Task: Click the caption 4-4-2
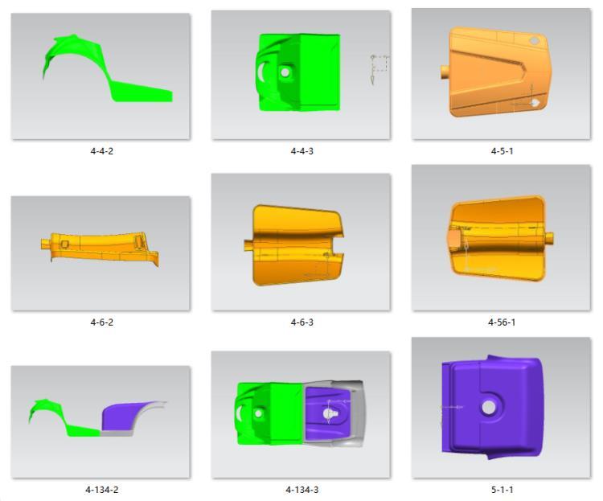pos(102,151)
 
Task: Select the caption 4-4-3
pos(301,151)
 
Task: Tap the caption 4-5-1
pos(502,151)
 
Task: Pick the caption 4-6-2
pos(102,322)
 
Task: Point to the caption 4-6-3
pos(301,322)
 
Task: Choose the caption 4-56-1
pos(502,322)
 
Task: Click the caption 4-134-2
pos(102,490)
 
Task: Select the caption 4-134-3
pos(301,490)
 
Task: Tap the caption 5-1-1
pos(502,490)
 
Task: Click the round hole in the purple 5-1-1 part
pos(488,407)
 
